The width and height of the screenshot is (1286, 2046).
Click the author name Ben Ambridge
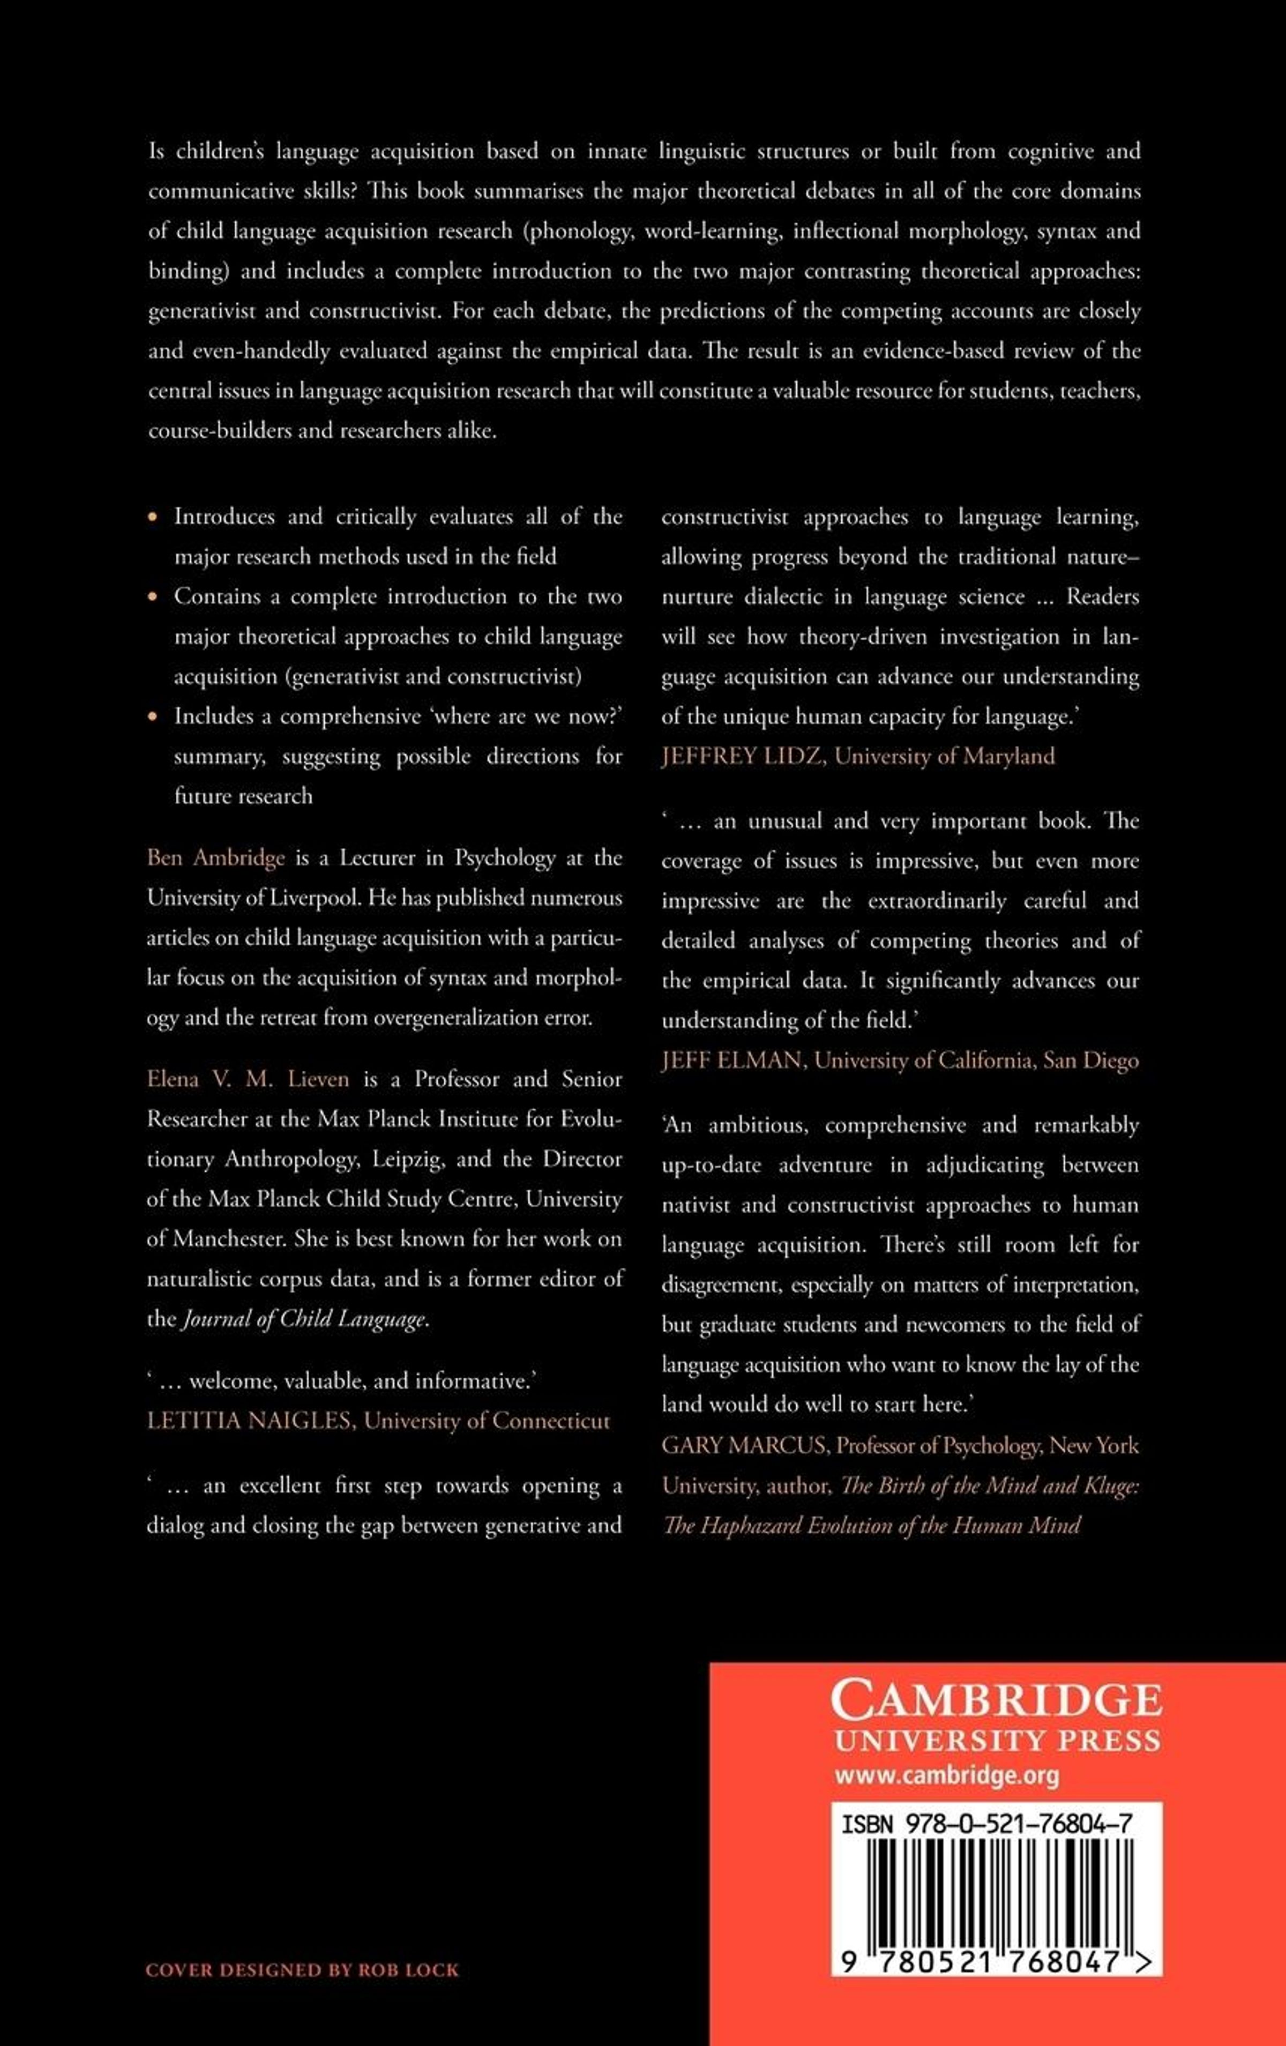216,858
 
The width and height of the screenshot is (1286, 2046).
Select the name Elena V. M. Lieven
248,1079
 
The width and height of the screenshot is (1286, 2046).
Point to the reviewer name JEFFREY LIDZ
742,756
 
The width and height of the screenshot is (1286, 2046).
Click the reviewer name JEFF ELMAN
732,1061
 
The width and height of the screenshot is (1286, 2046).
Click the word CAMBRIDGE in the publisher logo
996,1701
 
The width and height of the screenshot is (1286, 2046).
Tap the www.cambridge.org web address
946,1775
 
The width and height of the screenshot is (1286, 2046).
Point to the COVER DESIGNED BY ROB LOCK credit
302,1969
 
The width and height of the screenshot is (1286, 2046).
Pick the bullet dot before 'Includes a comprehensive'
153,716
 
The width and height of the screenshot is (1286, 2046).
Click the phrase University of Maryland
945,756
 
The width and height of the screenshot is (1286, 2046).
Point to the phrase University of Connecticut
487,1421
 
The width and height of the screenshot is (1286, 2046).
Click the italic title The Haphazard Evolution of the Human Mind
871,1525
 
